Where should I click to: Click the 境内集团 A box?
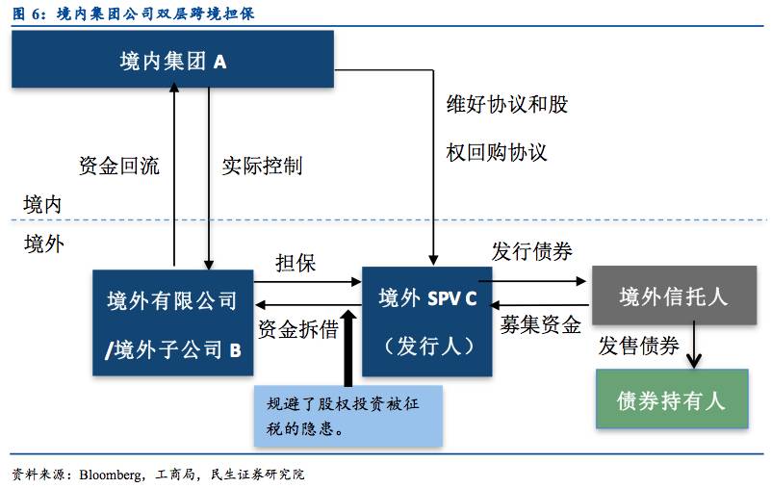click(x=172, y=62)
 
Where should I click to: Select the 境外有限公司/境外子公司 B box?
click(x=173, y=323)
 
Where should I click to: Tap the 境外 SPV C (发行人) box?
click(x=427, y=321)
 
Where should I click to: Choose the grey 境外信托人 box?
click(x=673, y=296)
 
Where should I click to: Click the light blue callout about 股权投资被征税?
click(x=347, y=416)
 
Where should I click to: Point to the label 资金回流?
click(x=118, y=166)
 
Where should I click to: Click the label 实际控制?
click(x=262, y=166)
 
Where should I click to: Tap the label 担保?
click(x=296, y=263)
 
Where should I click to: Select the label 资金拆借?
click(x=298, y=329)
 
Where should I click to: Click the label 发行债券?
click(x=531, y=252)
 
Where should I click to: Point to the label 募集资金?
click(x=540, y=324)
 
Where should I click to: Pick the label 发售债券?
click(x=639, y=346)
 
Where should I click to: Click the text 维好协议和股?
click(x=506, y=104)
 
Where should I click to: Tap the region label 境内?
click(x=43, y=204)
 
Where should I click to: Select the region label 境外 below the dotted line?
click(x=43, y=244)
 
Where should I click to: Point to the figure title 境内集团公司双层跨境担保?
click(x=167, y=13)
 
